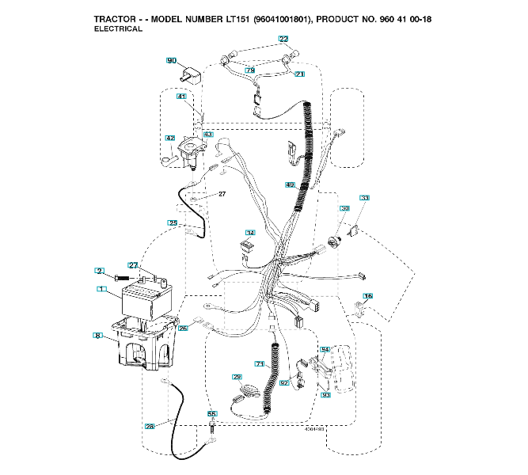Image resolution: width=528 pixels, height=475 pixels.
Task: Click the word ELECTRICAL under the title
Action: coord(118,28)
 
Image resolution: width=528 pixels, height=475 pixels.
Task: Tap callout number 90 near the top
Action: coord(172,60)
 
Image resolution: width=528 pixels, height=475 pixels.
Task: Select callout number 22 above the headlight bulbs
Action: coord(283,39)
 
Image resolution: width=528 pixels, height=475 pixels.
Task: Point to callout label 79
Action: coord(249,70)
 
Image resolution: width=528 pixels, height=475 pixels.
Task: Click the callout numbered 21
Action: coord(299,74)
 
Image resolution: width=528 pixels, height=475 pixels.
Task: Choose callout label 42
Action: coord(169,138)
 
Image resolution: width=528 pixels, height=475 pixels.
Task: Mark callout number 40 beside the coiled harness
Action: coord(290,184)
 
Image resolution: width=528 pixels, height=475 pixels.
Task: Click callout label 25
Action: coord(173,223)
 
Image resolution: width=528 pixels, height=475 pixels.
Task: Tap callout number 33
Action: coord(364,197)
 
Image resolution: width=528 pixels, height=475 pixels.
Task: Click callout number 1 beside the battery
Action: coord(101,290)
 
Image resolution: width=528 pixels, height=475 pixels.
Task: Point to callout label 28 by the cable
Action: coord(150,426)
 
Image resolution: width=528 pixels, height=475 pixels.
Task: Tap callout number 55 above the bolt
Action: coord(211,413)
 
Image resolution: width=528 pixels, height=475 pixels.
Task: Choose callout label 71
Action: coord(258,363)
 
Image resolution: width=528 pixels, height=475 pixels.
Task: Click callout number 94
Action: coord(324,349)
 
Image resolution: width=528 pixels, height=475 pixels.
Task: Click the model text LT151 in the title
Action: coord(214,17)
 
